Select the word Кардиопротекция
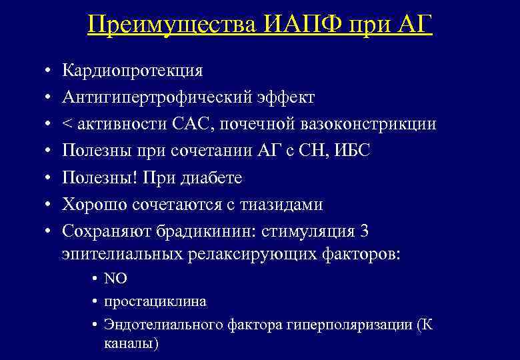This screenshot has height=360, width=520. click(x=133, y=71)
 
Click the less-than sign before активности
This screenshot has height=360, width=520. click(x=67, y=125)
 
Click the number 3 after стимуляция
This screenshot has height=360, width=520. click(x=363, y=231)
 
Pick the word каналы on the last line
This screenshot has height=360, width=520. click(x=131, y=343)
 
